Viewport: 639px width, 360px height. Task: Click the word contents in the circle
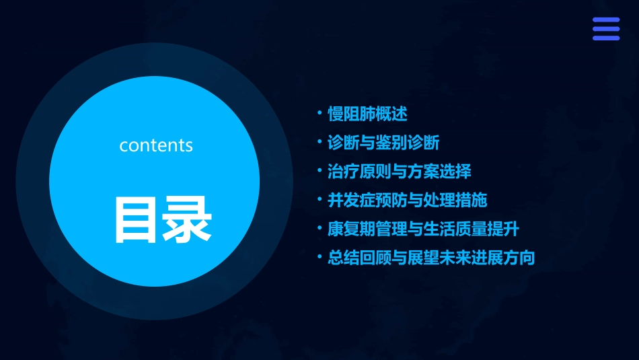(156, 145)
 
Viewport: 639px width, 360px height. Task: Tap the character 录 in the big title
(187, 220)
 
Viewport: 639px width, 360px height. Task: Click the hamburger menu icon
(605, 29)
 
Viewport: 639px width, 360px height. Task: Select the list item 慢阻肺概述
(367, 114)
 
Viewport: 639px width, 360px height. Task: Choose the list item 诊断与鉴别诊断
(383, 143)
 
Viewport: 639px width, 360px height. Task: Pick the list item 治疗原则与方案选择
(399, 171)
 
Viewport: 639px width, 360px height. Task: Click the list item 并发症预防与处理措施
(407, 200)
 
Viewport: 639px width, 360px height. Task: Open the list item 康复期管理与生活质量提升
(423, 229)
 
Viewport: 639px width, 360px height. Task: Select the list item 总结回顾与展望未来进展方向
(431, 258)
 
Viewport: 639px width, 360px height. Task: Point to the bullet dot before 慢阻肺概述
(320, 112)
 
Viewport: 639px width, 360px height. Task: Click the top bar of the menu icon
(605, 20)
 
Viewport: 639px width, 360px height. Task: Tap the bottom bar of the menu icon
(605, 38)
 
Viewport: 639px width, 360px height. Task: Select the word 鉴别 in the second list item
(391, 143)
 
